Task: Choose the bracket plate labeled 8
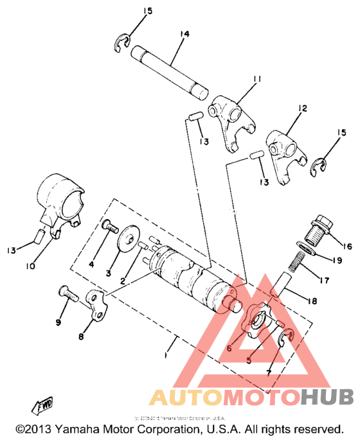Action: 96,302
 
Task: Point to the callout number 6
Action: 229,348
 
